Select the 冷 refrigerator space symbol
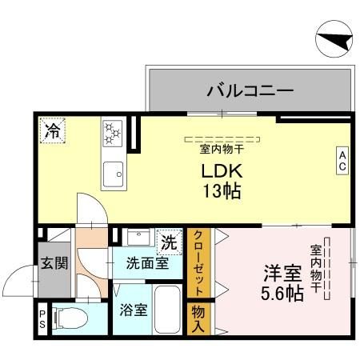point(53,128)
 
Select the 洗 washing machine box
point(169,239)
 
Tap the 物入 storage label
point(198,318)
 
